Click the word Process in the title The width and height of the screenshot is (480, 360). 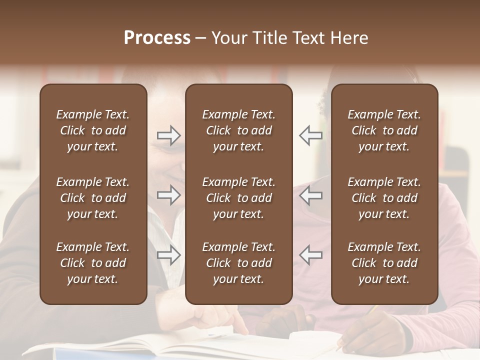[x=157, y=38]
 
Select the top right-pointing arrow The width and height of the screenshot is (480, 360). [x=169, y=135]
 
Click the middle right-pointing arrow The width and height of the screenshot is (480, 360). [x=169, y=195]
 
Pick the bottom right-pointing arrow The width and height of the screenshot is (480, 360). [x=169, y=255]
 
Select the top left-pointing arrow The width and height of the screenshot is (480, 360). [x=311, y=135]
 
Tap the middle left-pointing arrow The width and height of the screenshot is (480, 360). [x=311, y=195]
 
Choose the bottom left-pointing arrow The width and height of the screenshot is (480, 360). [x=311, y=255]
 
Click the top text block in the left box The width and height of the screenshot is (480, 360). [x=93, y=130]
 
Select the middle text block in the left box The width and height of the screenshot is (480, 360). [x=93, y=198]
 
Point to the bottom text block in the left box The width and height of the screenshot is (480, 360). [x=93, y=263]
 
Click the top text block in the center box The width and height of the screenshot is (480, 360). [x=239, y=130]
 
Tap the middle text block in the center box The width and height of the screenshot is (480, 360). [x=239, y=198]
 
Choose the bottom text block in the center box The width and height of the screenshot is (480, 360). [x=239, y=263]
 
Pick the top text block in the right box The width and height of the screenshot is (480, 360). [x=384, y=130]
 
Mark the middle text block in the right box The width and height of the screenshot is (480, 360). [x=384, y=198]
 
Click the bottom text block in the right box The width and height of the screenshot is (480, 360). [x=384, y=263]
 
